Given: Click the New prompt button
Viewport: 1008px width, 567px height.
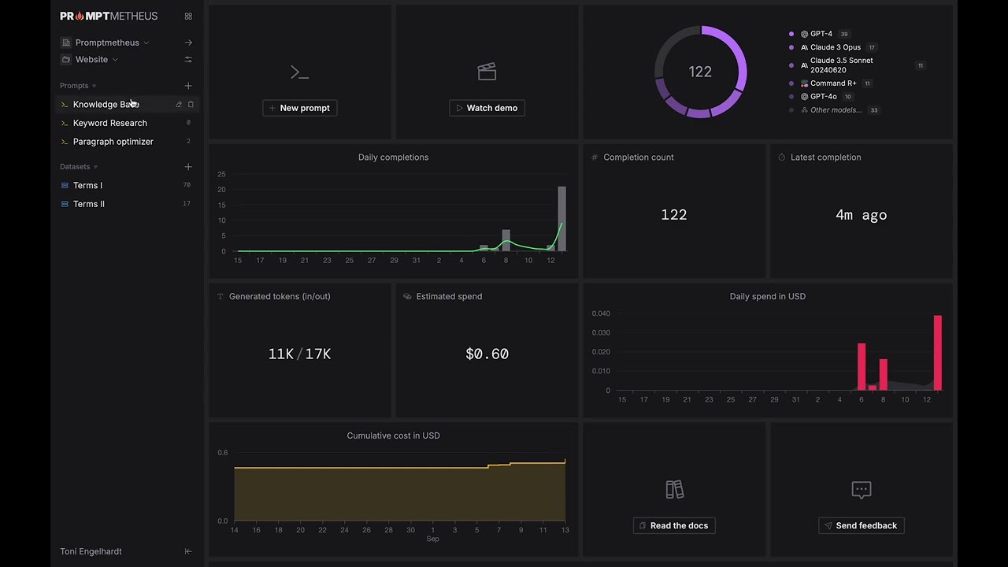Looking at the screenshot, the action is (x=300, y=108).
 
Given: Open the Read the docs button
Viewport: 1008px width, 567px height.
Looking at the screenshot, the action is (x=674, y=525).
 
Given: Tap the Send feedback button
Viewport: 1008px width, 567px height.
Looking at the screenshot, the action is (x=862, y=525).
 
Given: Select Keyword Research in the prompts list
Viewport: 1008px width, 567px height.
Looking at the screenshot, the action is (x=109, y=123).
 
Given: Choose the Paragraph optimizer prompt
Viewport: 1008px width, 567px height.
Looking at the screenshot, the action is (x=113, y=141).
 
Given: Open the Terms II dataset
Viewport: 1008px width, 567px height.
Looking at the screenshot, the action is (x=89, y=204).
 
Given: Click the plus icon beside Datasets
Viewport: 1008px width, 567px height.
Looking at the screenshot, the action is (x=188, y=166).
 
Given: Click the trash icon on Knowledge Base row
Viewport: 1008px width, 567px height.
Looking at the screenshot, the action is (x=191, y=105).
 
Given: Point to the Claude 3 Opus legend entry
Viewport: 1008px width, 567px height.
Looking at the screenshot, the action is (x=836, y=47).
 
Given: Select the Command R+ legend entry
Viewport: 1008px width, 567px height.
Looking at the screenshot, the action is (x=833, y=83).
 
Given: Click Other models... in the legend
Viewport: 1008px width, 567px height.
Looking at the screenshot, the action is (x=836, y=109).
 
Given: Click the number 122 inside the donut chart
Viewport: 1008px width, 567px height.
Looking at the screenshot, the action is (x=700, y=72).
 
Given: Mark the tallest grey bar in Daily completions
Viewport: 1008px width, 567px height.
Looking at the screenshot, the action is (x=562, y=219).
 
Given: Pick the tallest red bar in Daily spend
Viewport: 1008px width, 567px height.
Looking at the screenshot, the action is (x=938, y=353).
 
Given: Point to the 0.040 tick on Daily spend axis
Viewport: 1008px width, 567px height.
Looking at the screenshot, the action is (x=601, y=313).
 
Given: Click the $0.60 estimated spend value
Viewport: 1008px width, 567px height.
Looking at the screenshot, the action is (x=487, y=354).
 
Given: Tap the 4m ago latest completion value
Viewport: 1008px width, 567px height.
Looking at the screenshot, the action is (x=862, y=215).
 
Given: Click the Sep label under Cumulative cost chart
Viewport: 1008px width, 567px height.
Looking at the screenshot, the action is (x=432, y=539).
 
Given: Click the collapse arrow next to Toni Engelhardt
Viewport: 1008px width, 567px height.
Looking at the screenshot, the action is (x=188, y=551).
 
